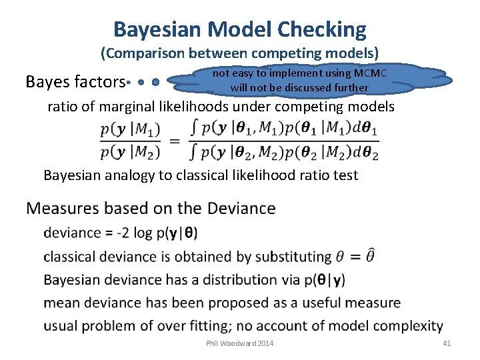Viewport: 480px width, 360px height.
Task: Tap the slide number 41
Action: [447, 343]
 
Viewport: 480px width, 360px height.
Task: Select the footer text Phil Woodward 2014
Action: [240, 343]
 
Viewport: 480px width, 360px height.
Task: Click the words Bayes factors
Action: [75, 82]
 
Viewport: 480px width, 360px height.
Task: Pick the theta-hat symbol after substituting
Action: [371, 255]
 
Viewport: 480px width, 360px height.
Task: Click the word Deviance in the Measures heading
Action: [241, 209]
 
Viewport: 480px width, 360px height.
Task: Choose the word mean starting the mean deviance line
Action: [60, 303]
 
